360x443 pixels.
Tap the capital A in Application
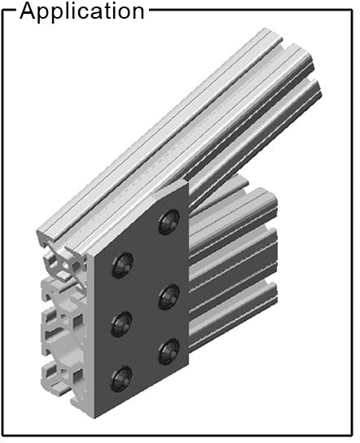tap(28, 11)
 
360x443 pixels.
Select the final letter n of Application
tap(138, 13)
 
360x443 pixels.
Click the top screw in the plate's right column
tap(169, 221)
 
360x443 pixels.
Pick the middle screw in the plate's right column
tap(169, 296)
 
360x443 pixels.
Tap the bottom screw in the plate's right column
tap(169, 352)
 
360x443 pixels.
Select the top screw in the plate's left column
tap(122, 265)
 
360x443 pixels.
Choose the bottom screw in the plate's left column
tap(121, 379)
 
